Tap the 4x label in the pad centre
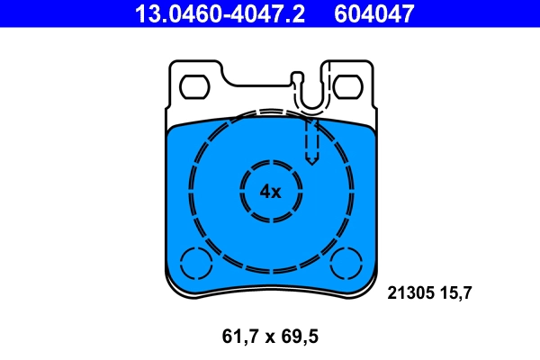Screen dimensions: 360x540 click(270, 191)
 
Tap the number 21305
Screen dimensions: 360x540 click(411, 292)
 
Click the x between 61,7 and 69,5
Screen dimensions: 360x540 click(269, 338)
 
